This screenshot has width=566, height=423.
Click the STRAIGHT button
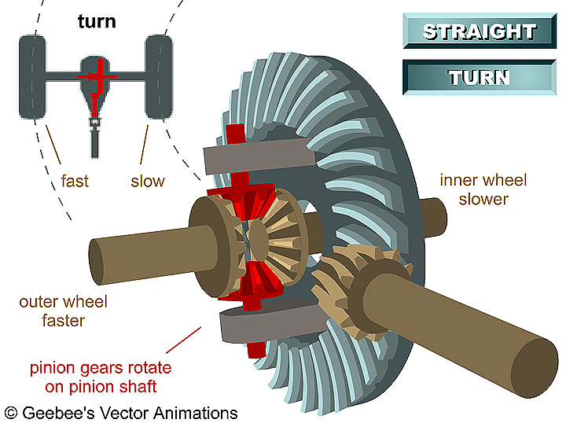(480, 32)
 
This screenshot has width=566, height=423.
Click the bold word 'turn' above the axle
(97, 20)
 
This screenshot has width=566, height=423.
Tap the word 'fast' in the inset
(75, 182)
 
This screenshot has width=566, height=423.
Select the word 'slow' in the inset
(148, 182)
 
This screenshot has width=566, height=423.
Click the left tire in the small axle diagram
(31, 76)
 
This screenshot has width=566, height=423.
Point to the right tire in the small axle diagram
(159, 76)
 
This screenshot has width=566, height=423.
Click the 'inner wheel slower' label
(483, 189)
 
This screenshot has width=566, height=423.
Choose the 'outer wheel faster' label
(64, 311)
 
